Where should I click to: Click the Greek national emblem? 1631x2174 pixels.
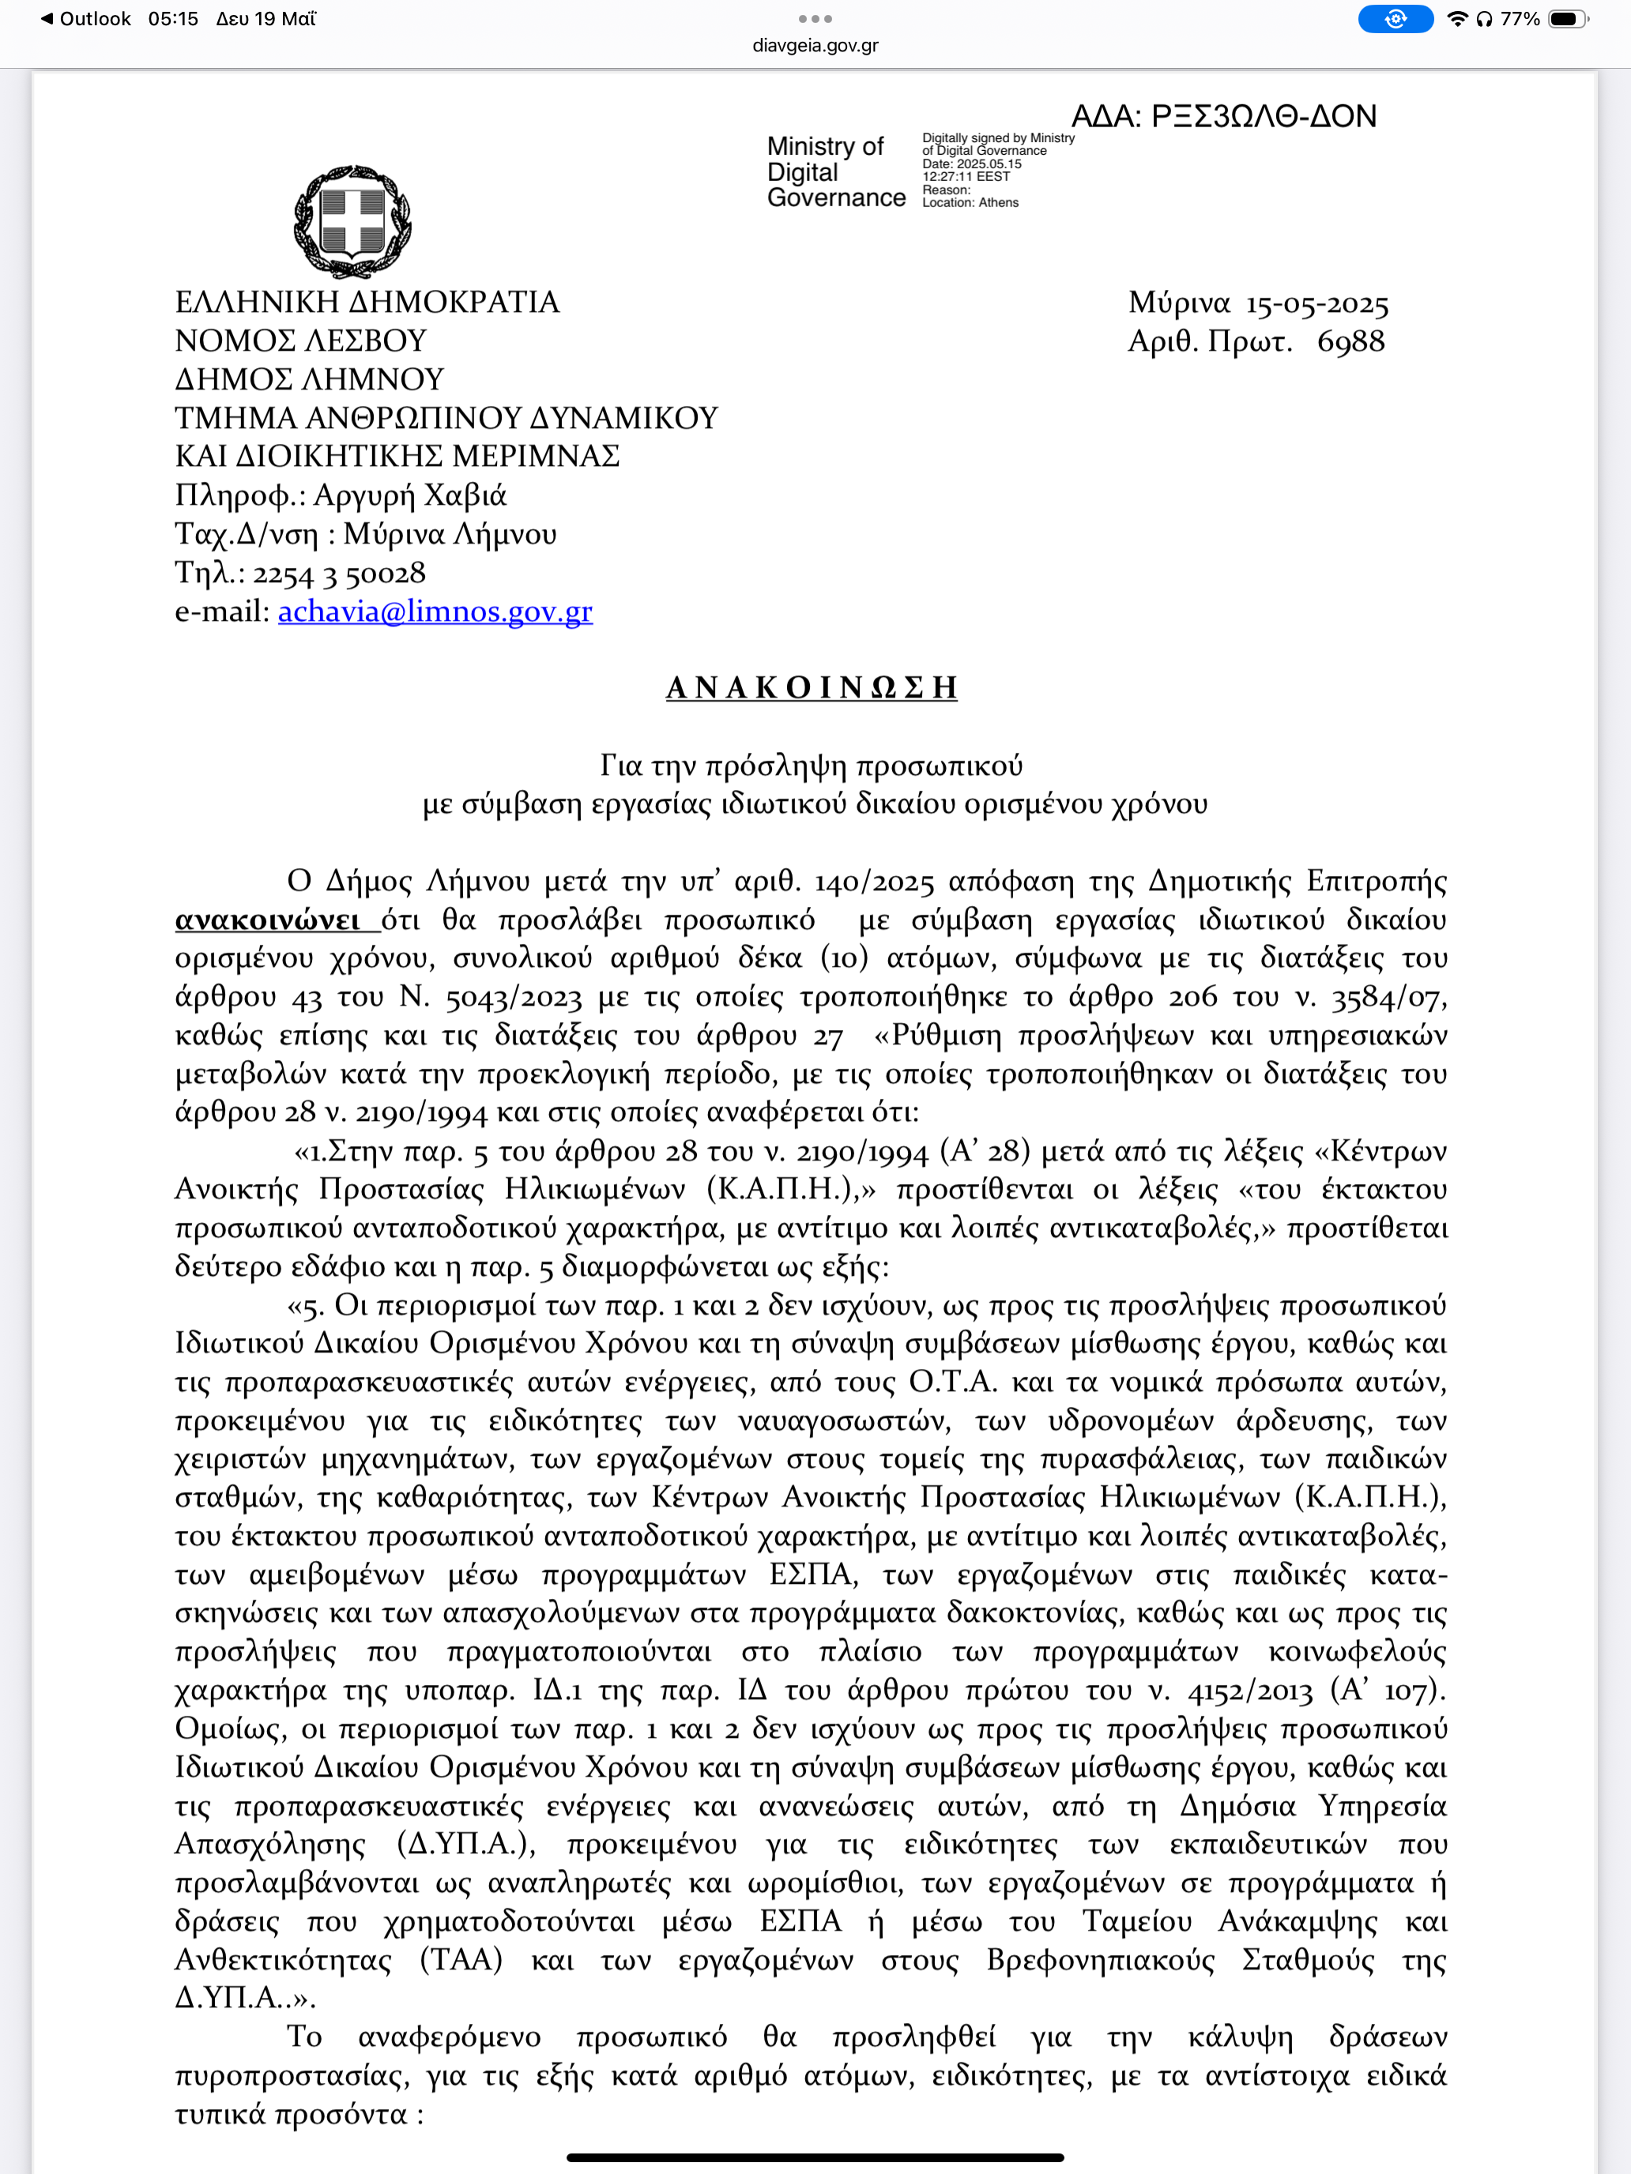352,221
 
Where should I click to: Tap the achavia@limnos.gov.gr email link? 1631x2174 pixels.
435,611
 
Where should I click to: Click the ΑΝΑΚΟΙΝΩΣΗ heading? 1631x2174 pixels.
812,687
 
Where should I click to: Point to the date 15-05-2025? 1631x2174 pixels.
1317,303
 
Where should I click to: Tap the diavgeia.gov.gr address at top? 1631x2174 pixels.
815,45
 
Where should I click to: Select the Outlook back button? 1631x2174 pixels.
85,19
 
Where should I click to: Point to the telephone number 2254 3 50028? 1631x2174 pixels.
339,573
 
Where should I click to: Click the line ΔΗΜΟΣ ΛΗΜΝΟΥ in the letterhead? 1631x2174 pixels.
310,379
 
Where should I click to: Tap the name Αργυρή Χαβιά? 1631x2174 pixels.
410,495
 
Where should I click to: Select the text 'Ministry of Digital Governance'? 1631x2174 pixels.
836,172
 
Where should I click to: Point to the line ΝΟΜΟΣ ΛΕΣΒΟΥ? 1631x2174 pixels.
301,341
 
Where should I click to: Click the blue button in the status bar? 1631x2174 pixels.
1395,19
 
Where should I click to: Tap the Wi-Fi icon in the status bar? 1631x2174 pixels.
1457,19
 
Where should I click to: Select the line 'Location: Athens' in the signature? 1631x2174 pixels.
970,202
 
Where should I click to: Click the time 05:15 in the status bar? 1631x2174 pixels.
173,19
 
